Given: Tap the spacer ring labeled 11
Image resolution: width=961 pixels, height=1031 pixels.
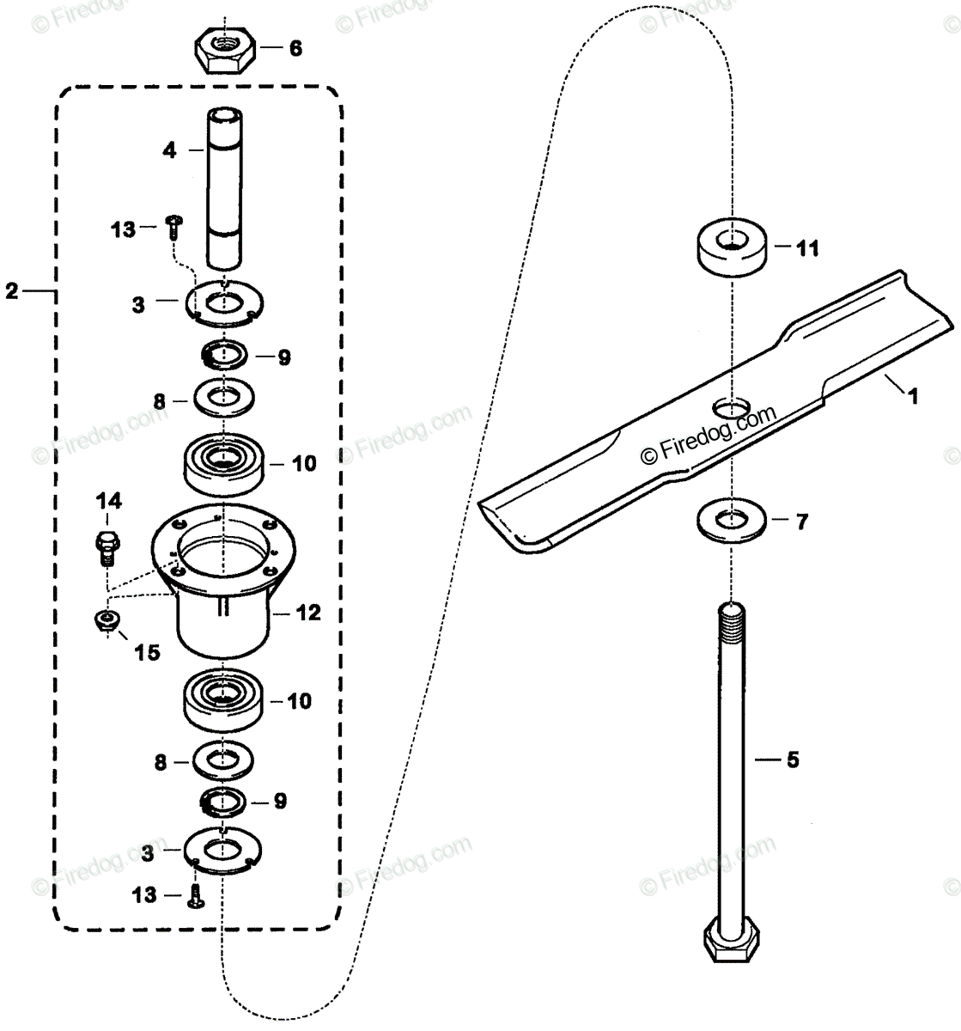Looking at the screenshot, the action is tap(729, 249).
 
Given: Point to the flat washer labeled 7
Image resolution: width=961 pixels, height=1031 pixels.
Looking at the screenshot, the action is tap(730, 522).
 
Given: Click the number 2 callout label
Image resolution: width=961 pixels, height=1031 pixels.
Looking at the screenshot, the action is tap(11, 292).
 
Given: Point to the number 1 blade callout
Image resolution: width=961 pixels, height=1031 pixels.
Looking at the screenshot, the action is tap(914, 397).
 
